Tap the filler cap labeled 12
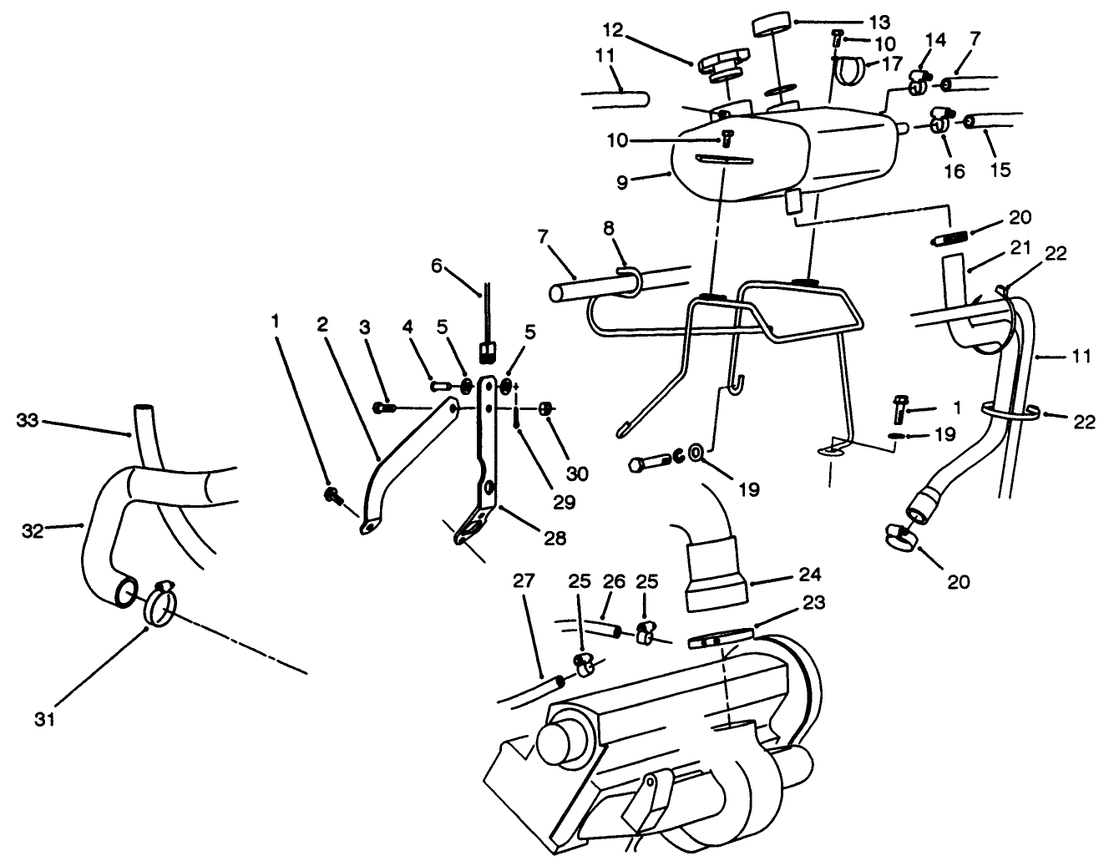[723, 65]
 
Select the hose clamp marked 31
[160, 604]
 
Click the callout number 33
[29, 420]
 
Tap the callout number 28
[554, 539]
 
